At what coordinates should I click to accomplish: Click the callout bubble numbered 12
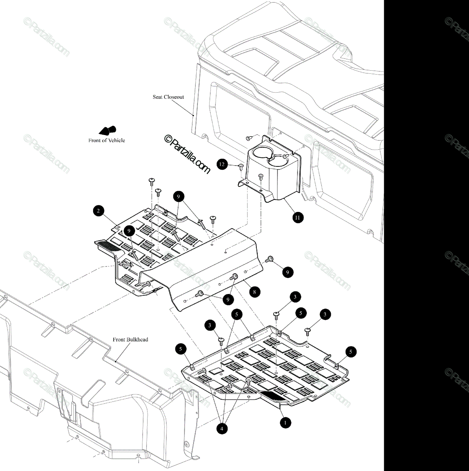click(x=223, y=164)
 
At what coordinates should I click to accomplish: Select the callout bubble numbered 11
click(x=298, y=217)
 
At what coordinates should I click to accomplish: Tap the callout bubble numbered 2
click(x=99, y=211)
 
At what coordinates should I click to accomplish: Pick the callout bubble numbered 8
click(x=254, y=292)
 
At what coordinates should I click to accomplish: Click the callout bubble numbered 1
click(x=285, y=423)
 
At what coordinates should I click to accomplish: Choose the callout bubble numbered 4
click(x=222, y=429)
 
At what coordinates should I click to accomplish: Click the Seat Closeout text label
click(x=168, y=97)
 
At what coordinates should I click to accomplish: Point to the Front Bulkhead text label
click(x=130, y=340)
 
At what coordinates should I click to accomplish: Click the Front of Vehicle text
click(x=106, y=140)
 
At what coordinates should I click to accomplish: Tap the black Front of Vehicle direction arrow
click(x=107, y=130)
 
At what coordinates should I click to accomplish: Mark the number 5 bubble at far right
click(x=350, y=352)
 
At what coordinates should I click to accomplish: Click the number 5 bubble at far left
click(x=181, y=348)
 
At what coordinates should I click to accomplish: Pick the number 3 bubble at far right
click(x=325, y=314)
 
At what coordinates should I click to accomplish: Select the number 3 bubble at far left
click(x=210, y=325)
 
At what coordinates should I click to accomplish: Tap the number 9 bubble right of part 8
click(x=288, y=272)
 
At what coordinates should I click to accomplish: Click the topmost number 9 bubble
click(x=178, y=196)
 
